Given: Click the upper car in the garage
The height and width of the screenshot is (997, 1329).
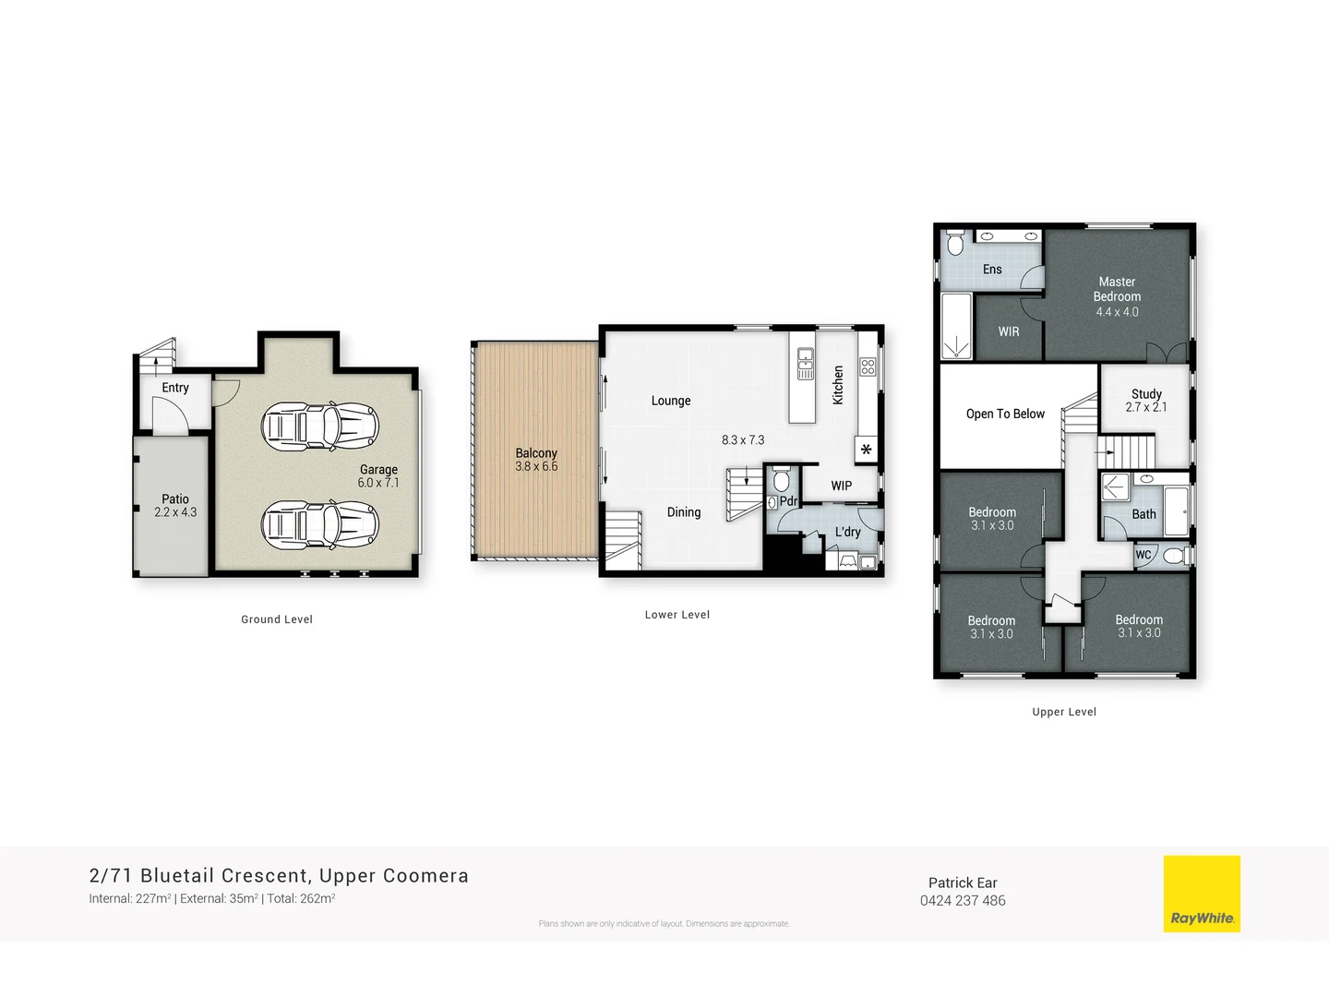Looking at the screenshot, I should (320, 426).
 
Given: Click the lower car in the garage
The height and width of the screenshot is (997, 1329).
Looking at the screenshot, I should (320, 525).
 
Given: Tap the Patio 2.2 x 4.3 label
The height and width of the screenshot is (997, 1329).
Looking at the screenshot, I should (175, 506).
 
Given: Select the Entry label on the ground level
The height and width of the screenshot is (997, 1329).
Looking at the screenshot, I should (175, 388).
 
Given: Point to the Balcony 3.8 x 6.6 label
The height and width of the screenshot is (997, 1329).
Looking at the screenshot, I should (536, 460).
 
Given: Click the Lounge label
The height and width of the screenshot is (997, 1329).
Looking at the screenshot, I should (671, 401).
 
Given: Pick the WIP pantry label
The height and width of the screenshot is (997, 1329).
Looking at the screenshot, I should (841, 486).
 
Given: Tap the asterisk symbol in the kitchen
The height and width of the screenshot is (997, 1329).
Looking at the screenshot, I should (866, 450).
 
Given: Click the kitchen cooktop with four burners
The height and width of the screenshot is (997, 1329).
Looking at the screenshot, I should (868, 366).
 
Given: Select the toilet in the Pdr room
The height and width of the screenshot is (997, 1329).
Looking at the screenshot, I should (782, 480).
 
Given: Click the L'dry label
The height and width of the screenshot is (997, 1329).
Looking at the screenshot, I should (847, 532).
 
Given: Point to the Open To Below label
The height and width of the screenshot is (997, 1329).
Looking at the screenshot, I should (1005, 414).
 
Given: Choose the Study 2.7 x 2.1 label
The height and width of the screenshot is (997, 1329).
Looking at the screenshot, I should (1146, 400).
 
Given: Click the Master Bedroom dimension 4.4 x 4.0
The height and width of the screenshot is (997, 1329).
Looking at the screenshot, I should (1117, 312).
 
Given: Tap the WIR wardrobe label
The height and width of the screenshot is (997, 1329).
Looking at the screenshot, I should (1009, 331).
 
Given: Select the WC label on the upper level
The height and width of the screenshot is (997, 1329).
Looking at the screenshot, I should (1143, 555).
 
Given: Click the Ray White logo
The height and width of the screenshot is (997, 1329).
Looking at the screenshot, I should (1202, 894).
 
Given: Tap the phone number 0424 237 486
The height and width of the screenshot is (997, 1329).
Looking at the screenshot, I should (963, 901).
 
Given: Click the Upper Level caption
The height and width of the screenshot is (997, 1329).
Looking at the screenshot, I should (1064, 712).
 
